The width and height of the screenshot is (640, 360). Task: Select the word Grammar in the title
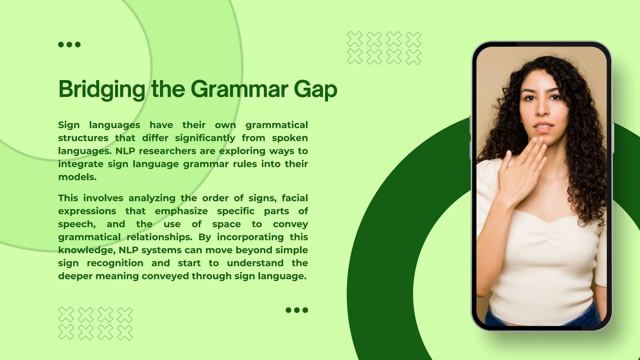tap(239, 89)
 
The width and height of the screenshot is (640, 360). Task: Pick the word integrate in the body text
tap(81, 164)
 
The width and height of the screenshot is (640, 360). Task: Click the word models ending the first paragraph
tap(77, 177)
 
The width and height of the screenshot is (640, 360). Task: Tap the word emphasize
tap(181, 211)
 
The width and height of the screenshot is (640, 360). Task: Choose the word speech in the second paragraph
tap(77, 224)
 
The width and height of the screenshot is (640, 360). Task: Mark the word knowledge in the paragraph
tap(87, 250)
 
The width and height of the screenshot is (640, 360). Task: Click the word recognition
tap(115, 263)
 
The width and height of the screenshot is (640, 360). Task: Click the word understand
tap(255, 263)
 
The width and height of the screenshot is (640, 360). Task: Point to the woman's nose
tap(543, 109)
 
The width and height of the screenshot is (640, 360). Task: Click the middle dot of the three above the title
tap(69, 45)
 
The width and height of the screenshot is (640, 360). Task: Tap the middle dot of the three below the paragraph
tap(297, 310)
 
